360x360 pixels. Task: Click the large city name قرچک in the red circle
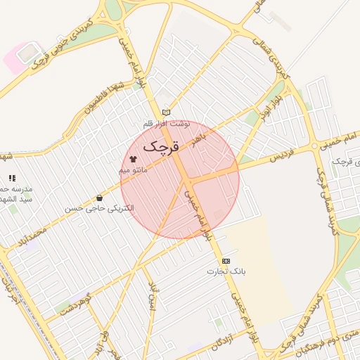click(x=162, y=146)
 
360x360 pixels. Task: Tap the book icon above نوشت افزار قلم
click(x=166, y=112)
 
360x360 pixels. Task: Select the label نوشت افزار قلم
click(x=167, y=123)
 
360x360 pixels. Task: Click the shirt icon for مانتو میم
click(x=133, y=158)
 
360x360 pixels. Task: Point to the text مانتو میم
click(x=134, y=170)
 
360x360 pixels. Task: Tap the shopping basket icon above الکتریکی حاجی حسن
click(x=99, y=198)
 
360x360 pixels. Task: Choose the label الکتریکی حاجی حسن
click(x=99, y=209)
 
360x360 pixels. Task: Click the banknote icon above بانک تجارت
click(x=226, y=261)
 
